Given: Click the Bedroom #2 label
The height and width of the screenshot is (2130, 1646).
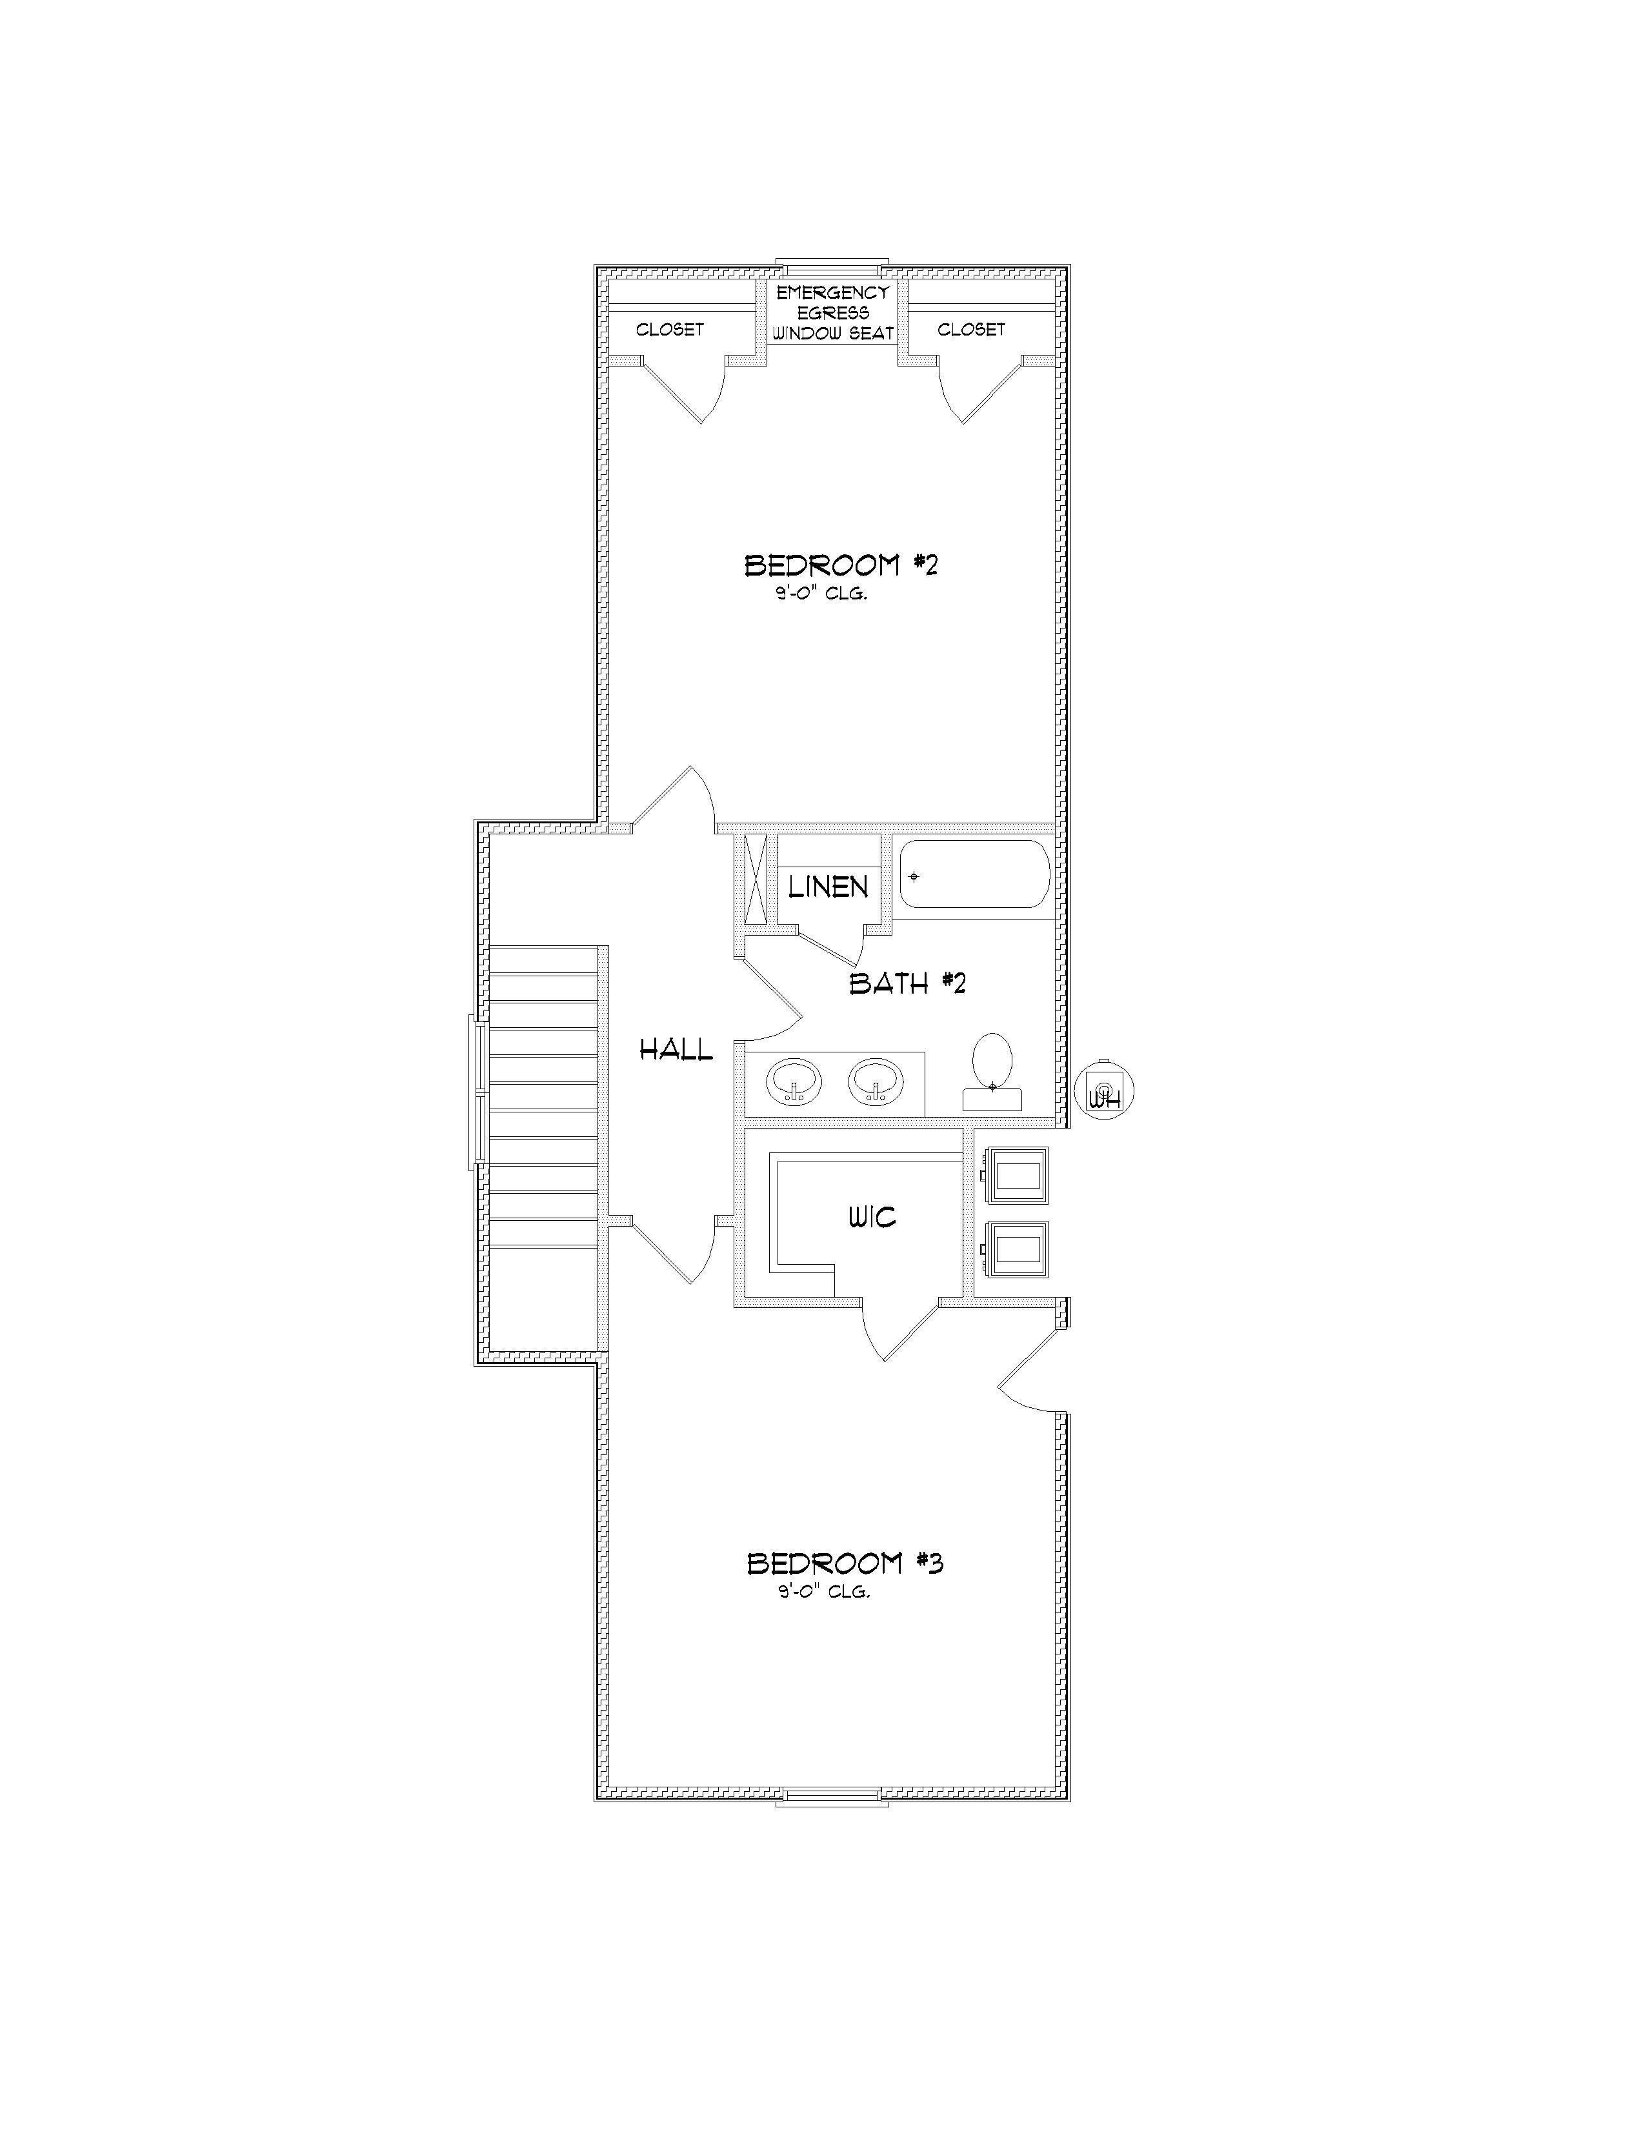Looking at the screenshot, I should coord(841,566).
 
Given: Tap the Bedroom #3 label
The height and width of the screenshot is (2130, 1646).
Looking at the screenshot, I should coord(845,1564).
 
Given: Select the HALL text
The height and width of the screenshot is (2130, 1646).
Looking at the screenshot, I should coord(676,1050).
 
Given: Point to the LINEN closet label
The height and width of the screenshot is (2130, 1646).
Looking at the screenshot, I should coord(828,887).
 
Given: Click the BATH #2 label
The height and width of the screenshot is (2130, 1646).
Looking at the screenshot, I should coord(907,983).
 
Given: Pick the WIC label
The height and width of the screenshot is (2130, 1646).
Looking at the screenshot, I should coord(872,1217).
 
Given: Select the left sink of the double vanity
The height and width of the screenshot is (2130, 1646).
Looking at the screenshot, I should coord(794,1081).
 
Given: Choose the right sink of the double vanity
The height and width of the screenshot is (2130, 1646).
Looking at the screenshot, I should coord(876,1081).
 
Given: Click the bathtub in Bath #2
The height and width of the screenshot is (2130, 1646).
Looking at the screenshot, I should coord(973,876).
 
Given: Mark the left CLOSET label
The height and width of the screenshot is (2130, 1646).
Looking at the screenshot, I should coord(670,330).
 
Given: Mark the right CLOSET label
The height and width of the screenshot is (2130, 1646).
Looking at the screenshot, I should coord(971,330).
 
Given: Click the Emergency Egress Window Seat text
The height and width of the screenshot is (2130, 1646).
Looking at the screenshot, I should coord(833,313).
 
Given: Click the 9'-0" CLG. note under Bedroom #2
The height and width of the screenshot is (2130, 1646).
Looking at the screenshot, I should coord(821,594).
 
